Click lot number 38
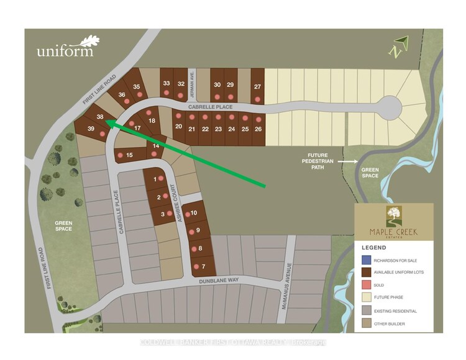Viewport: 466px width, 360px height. (x=99, y=117)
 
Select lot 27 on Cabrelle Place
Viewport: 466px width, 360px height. (x=257, y=88)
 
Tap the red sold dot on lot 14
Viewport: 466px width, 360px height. (x=153, y=153)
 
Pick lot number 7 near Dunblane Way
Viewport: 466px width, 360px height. (x=203, y=267)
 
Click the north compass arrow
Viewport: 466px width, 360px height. (x=397, y=47)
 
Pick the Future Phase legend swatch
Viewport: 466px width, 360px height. (x=366, y=297)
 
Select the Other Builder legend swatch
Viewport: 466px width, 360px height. (x=366, y=323)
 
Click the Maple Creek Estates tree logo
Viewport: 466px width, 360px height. (x=393, y=218)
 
